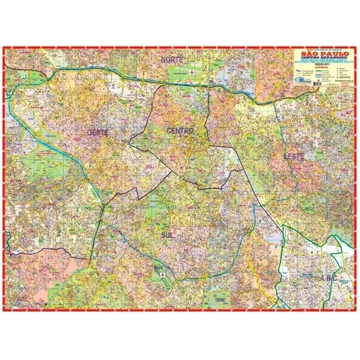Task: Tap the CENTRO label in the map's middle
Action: point(180,130)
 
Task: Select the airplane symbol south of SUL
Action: point(163,275)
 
